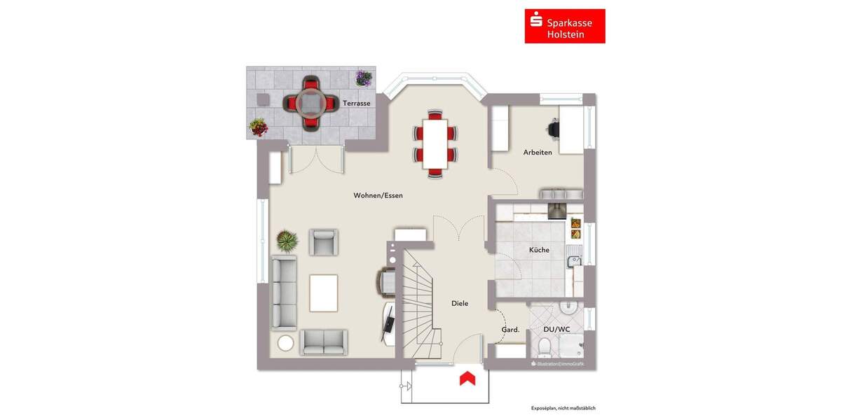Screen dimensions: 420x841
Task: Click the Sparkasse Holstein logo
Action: coord(564,26)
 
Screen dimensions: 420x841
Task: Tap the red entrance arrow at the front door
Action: coord(467,379)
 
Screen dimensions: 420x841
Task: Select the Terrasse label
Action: coord(356,104)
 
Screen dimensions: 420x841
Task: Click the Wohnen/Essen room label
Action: coord(378,196)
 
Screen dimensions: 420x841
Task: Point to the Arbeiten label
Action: coord(538,152)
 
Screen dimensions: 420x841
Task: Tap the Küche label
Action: coord(539,250)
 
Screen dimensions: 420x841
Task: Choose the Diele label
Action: coord(459,303)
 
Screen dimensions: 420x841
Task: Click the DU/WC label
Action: coord(556,328)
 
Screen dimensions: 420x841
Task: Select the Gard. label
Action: coord(510,330)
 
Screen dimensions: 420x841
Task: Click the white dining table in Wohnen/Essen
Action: coord(435,144)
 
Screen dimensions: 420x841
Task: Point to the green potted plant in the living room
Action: coord(287,241)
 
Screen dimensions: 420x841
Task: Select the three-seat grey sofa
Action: coord(284,292)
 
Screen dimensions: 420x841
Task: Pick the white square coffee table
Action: coord(324,293)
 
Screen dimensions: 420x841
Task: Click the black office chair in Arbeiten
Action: coord(554,128)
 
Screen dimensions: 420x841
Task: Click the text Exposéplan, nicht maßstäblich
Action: coord(563,407)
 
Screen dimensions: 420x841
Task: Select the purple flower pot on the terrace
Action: coord(363,78)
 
